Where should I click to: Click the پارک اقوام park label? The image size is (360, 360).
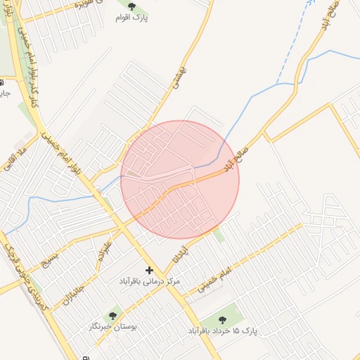[131, 17]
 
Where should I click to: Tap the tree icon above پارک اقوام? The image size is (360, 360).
[131, 6]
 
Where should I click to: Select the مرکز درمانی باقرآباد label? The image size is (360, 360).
[149, 281]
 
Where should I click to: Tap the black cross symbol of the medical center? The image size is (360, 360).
[149, 270]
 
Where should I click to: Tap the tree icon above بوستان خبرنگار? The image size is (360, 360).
[112, 316]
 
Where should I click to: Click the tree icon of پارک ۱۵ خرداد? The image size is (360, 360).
[222, 320]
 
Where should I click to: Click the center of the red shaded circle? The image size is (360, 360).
[180, 180]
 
